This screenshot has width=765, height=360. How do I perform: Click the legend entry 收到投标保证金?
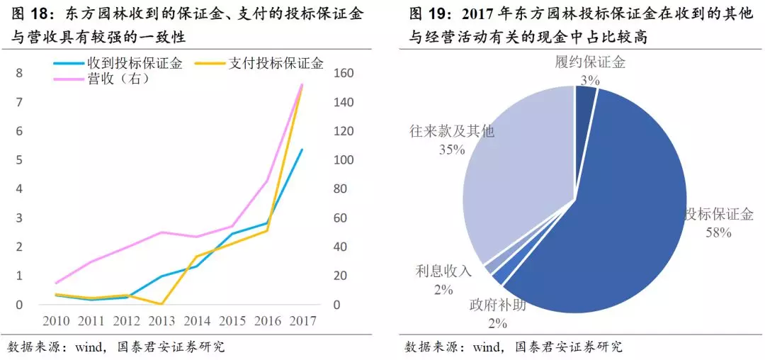click(x=134, y=64)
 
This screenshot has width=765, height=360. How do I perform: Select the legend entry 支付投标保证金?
click(x=276, y=64)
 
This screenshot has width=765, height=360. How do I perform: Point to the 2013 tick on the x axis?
click(x=161, y=321)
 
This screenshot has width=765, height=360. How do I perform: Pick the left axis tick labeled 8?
click(x=19, y=73)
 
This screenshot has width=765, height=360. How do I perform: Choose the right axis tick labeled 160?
click(x=343, y=73)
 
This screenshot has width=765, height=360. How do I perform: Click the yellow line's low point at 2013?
click(x=161, y=304)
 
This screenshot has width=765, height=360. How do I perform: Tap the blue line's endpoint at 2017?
click(x=302, y=150)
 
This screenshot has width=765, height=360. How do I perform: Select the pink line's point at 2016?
click(x=267, y=180)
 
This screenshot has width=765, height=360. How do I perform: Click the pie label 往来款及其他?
click(x=452, y=132)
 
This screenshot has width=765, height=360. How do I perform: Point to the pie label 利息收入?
click(x=443, y=271)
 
